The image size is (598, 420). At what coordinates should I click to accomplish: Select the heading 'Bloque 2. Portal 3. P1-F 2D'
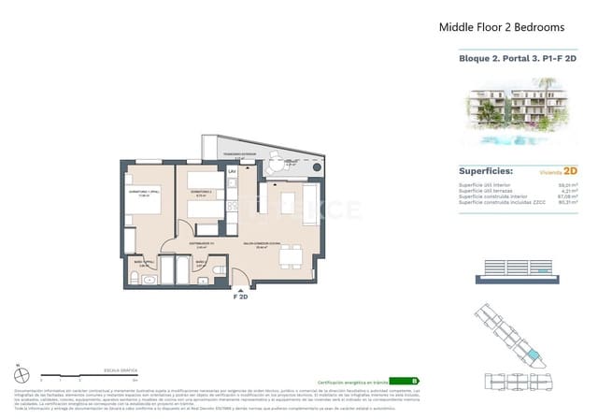(517, 59)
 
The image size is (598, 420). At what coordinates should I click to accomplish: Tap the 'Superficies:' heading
(489, 171)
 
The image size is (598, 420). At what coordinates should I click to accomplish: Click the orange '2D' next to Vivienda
(570, 172)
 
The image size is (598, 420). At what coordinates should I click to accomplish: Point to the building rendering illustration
(517, 113)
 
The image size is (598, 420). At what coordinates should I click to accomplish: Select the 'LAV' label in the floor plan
(232, 172)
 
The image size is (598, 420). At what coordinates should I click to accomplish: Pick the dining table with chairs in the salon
(288, 255)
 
